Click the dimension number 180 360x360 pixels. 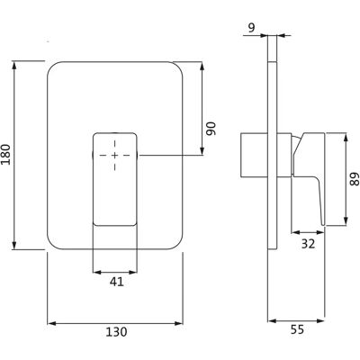tap(6, 155)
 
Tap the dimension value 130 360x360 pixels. tap(116, 331)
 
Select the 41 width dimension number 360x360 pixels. tap(117, 282)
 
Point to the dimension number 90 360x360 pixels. tap(211, 129)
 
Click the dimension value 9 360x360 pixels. tap(251, 28)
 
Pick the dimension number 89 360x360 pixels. tap(355, 179)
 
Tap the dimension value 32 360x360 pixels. tap(308, 244)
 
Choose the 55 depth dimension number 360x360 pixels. tap(297, 330)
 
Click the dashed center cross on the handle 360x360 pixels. tap(115, 155)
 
